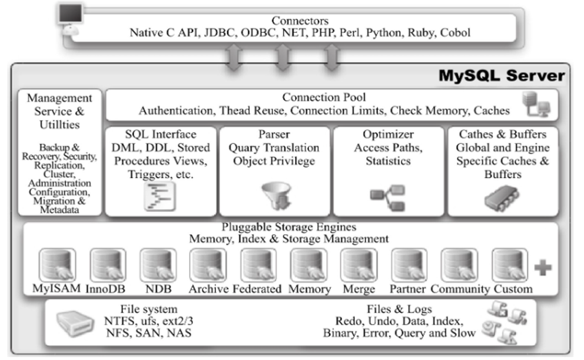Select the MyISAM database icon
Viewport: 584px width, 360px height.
57,265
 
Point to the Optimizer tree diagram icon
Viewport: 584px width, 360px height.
387,198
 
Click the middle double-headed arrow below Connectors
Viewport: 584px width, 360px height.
284,56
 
